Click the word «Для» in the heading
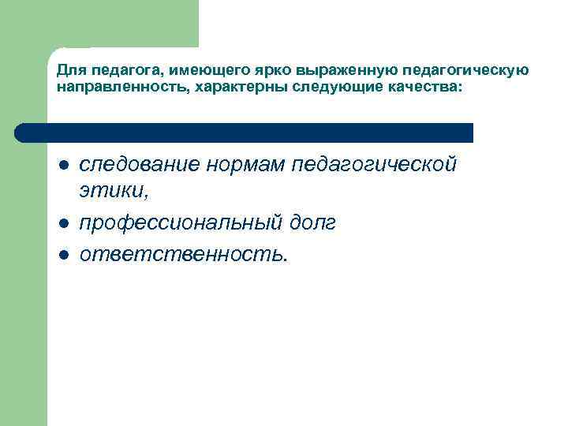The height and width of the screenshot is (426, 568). (x=68, y=71)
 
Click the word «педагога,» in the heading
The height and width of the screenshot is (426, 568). (x=115, y=71)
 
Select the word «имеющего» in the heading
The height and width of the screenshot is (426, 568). (x=190, y=71)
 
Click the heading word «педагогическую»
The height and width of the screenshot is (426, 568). (x=443, y=71)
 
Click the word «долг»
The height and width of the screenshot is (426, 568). (x=311, y=223)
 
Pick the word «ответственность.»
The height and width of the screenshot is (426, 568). (x=185, y=253)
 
